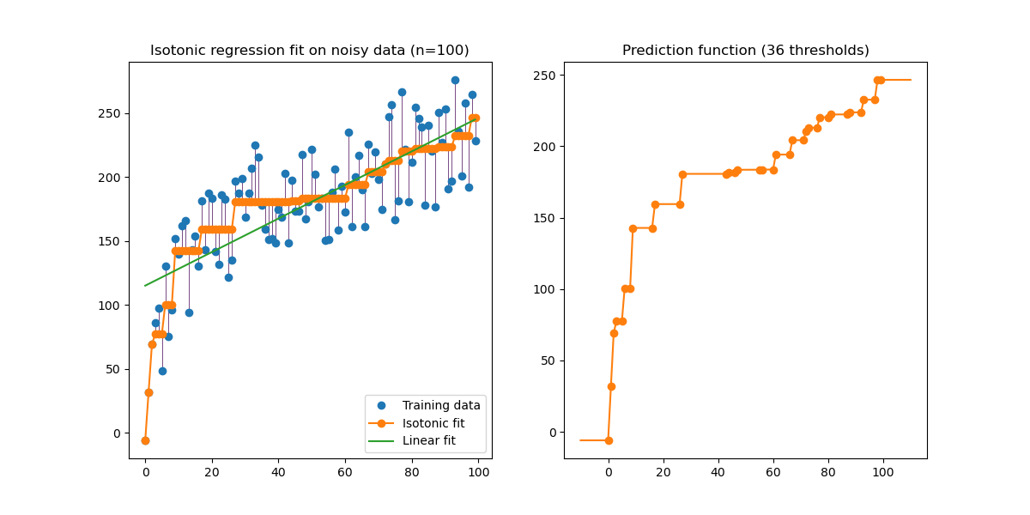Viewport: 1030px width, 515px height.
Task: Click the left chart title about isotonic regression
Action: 310,51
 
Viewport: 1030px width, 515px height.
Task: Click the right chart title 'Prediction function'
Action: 745,51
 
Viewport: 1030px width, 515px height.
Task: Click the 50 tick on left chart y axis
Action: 114,369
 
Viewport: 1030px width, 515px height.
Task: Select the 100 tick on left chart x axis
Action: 478,472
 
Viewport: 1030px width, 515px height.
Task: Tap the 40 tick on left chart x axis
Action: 278,472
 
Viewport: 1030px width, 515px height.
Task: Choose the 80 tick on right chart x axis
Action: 828,472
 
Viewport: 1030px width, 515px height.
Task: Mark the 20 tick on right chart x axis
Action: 663,472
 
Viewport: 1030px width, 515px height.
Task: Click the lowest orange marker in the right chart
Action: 609,440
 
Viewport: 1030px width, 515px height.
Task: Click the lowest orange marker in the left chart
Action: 145,440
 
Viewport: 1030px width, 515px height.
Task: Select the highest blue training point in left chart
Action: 455,80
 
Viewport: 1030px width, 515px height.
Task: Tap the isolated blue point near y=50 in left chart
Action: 162,371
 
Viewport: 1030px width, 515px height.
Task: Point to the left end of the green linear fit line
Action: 145,286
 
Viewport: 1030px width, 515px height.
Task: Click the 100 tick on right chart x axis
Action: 883,472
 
